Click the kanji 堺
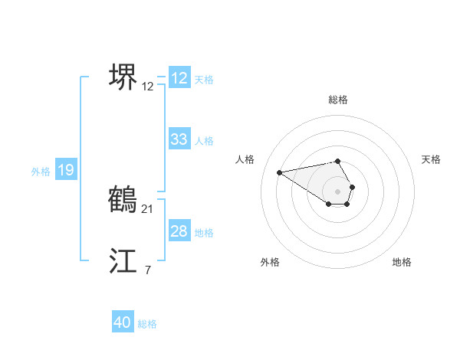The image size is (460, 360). tap(123, 77)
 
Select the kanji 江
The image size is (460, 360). tap(123, 261)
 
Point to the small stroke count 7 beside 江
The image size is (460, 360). tap(147, 270)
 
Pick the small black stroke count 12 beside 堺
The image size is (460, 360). tap(148, 87)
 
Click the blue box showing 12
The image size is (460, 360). tap(179, 78)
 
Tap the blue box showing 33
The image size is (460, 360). tap(179, 139)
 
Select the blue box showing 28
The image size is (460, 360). tap(179, 231)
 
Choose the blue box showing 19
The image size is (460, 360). tap(66, 170)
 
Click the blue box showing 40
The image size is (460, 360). tap(123, 322)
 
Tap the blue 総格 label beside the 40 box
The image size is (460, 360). tap(147, 324)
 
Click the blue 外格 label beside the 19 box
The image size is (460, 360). tap(41, 172)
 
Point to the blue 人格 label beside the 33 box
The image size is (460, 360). tap(204, 141)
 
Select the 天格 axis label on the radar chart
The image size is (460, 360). tap(431, 159)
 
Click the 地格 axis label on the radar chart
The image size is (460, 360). tap(402, 262)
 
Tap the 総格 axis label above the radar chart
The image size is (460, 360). tap(338, 100)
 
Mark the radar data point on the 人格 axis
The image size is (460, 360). tap(279, 172)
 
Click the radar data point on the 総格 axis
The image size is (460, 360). tap(338, 162)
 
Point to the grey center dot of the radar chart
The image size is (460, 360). tap(338, 191)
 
